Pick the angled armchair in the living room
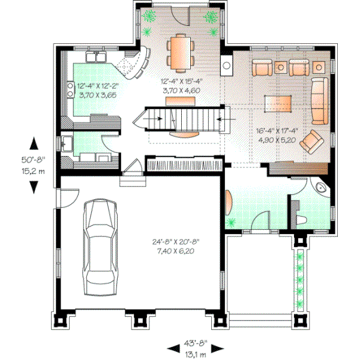[312, 142]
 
